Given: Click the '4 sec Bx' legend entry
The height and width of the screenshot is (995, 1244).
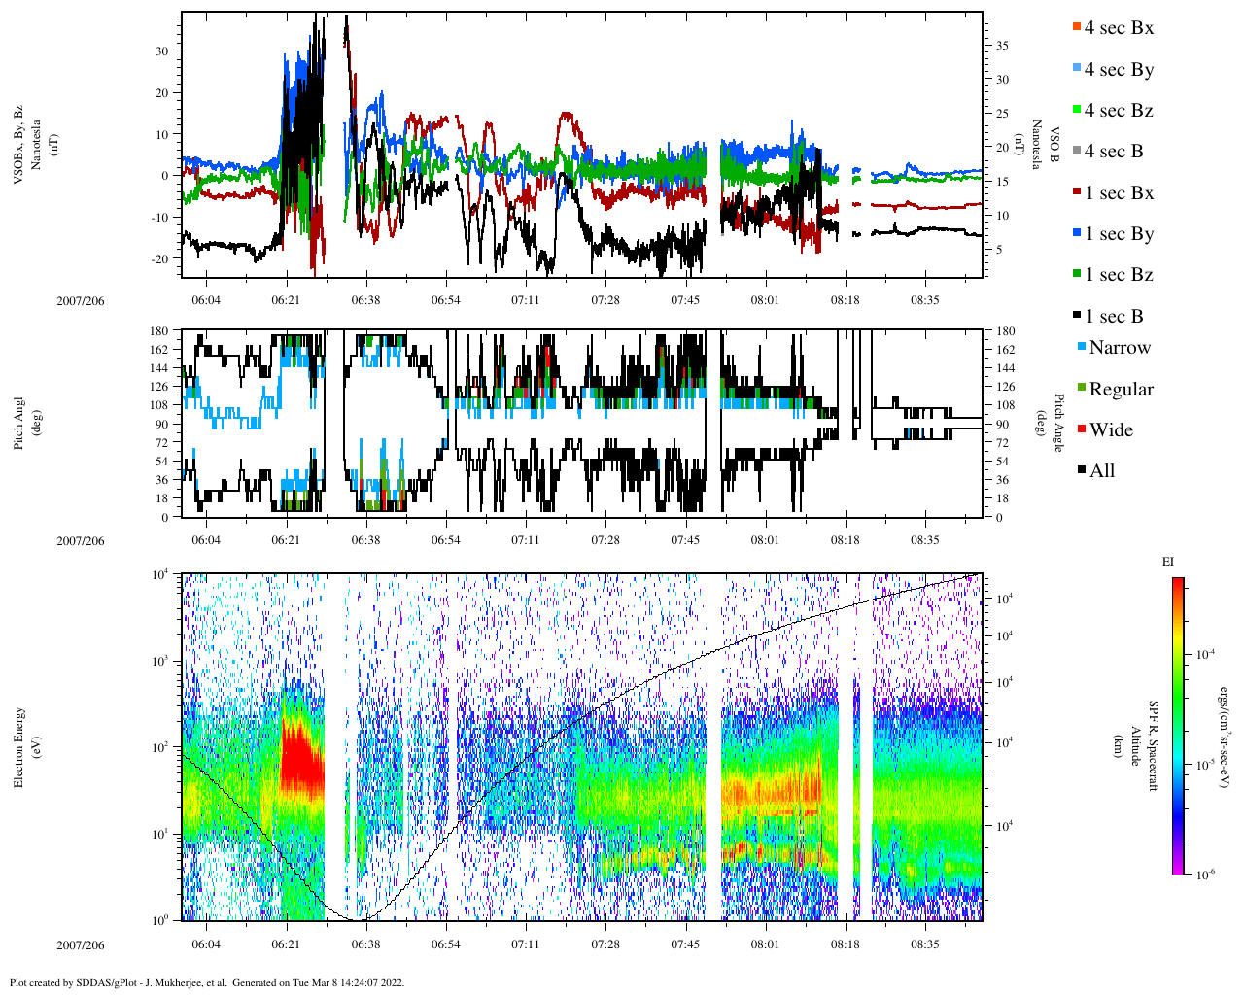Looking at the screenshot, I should coord(1119,28).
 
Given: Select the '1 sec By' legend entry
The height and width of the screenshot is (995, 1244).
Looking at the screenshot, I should coord(1119,234).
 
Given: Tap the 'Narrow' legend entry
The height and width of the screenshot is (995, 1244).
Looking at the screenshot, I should coord(1119,348).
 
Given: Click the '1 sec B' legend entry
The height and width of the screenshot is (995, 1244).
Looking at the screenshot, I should coord(1114,317).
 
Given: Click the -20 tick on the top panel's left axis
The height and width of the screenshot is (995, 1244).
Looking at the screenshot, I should coord(161,258).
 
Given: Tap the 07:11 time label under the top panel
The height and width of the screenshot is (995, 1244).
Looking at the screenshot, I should coord(526,300).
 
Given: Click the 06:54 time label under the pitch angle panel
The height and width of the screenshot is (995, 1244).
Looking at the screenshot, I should coord(446,540).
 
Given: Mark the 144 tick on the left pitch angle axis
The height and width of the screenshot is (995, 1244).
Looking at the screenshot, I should coord(160,368).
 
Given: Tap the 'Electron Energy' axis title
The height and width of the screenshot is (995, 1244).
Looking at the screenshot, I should coord(19,747).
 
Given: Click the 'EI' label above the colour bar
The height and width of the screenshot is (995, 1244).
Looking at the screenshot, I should coord(1168,562).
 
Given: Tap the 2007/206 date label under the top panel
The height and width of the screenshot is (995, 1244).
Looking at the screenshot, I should coord(80,301).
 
